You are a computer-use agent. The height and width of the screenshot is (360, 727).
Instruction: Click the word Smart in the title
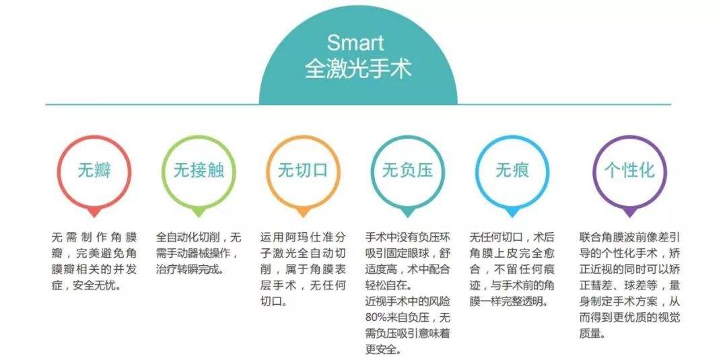coord(355,43)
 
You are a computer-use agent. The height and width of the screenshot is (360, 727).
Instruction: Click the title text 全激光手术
coord(358,69)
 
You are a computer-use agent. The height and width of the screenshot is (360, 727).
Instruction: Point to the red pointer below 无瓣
coord(94,213)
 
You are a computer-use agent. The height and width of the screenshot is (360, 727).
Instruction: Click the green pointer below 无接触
coord(199,213)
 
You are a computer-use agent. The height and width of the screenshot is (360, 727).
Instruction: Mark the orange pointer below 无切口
coord(303,213)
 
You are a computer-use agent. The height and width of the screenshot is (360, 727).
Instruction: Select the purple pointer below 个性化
coord(629,213)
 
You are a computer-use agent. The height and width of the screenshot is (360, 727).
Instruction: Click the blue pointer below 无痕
coord(512,213)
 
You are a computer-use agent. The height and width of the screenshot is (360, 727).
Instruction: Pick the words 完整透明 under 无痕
coord(522,302)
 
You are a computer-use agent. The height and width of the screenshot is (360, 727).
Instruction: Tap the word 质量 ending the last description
coord(590,334)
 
